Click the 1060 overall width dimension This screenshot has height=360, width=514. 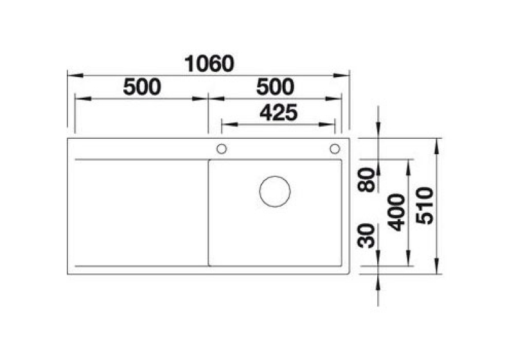209,64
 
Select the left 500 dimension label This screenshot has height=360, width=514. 142,87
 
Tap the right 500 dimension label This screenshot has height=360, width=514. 275,87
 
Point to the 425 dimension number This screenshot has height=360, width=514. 278,113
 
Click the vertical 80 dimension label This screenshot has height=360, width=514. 366,179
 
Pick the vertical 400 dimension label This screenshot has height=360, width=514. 396,212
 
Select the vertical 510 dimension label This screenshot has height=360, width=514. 424,206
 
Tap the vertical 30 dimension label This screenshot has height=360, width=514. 366,235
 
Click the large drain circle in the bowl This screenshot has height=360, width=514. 275,176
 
